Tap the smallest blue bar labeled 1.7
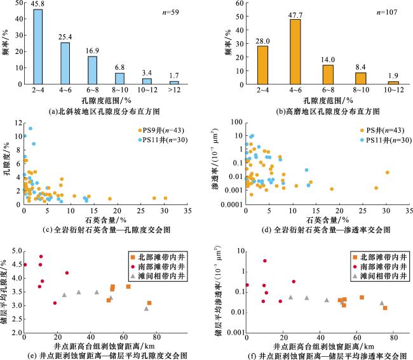(174, 82)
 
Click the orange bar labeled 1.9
(393, 83)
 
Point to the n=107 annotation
(387, 11)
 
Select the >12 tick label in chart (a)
(174, 91)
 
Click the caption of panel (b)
(302, 110)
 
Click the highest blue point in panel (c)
(30, 129)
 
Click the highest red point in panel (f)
(264, 261)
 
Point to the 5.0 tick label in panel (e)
(15, 251)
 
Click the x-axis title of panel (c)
(105, 218)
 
